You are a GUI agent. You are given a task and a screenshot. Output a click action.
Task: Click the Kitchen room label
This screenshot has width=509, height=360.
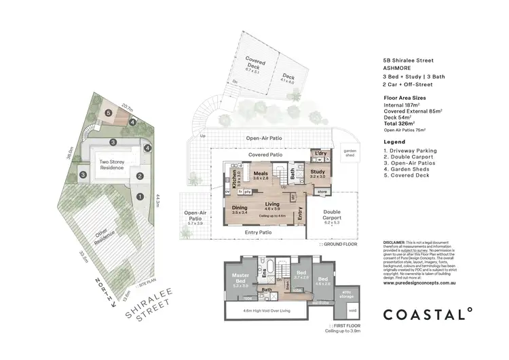pos(235,181)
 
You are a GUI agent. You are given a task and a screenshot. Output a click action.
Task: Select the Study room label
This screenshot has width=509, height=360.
pos(318,174)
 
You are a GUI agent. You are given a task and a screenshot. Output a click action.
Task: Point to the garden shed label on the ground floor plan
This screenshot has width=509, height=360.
pos(350,153)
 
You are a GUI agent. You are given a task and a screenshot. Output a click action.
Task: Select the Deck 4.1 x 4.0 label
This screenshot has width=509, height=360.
pos(288,79)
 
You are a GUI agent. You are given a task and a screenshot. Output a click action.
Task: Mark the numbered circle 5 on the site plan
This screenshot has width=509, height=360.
pos(108,113)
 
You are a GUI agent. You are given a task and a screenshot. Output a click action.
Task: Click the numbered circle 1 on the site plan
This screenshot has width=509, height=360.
pos(140,197)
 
